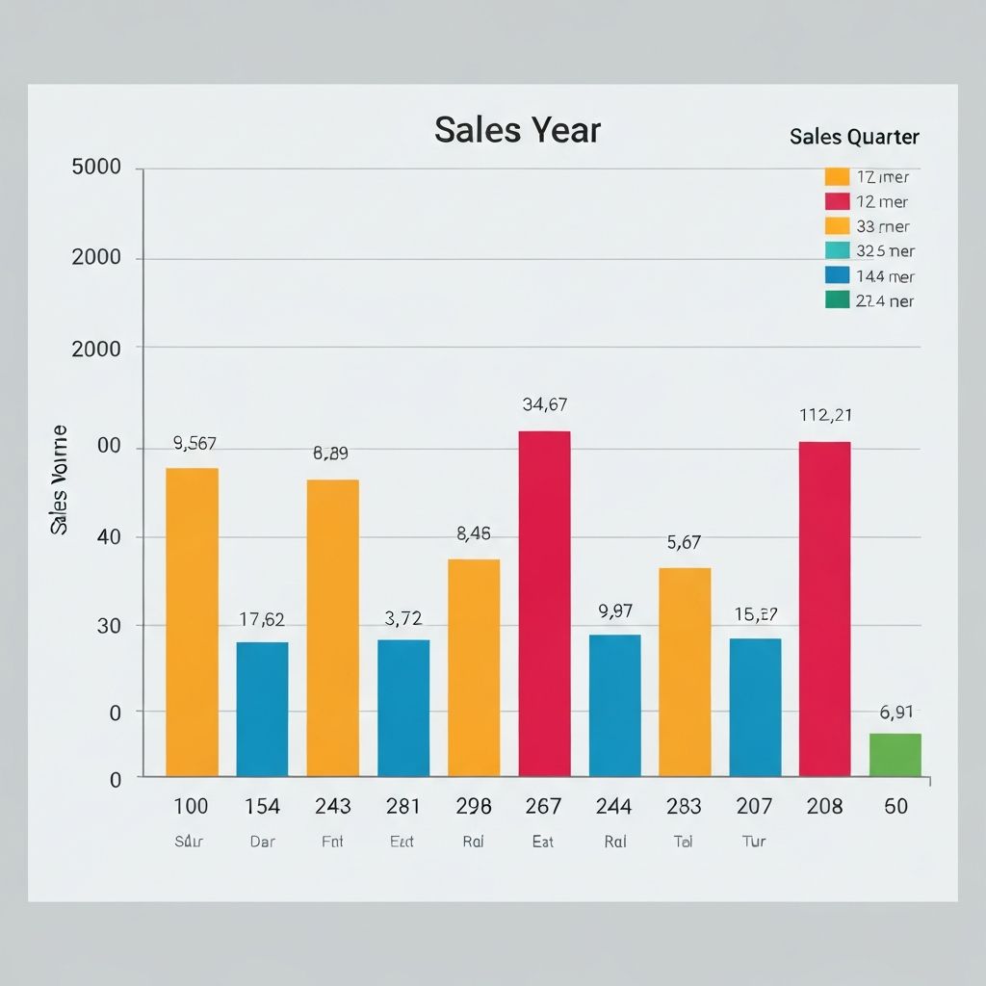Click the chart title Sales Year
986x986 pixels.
(517, 130)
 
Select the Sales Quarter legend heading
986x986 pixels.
(854, 137)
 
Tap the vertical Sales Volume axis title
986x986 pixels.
(60, 480)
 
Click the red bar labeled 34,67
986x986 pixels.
(544, 603)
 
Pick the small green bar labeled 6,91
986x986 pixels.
(895, 755)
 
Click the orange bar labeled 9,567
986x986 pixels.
(192, 622)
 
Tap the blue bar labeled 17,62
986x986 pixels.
(262, 709)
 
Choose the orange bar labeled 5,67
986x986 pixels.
(685, 672)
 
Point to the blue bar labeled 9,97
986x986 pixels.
(614, 705)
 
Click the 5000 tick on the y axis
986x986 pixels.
(96, 168)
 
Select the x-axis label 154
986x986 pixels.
(262, 807)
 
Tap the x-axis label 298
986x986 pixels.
(473, 807)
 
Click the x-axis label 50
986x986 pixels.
(895, 807)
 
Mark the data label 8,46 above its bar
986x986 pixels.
(473, 533)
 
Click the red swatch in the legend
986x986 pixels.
(838, 201)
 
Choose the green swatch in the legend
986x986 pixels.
(838, 299)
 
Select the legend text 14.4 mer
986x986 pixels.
(885, 276)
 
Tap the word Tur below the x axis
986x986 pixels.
(754, 842)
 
